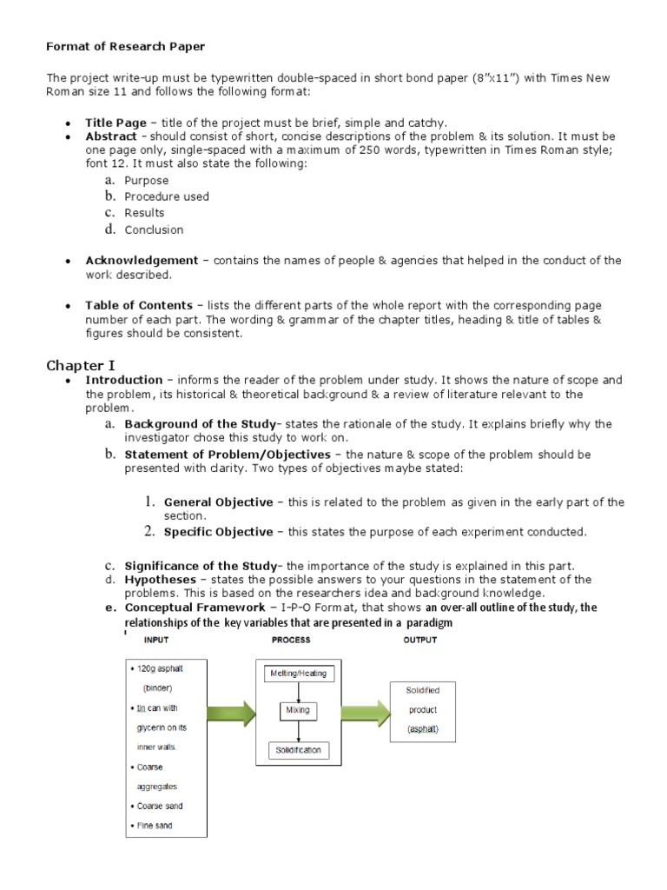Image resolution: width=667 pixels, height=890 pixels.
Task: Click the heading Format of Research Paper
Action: tap(125, 45)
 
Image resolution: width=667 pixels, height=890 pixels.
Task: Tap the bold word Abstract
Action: tap(110, 136)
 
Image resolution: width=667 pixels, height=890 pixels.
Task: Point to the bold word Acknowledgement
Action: tap(142, 260)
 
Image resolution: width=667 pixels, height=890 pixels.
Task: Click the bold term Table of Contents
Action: tap(139, 305)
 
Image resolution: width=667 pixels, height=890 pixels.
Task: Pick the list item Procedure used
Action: tap(167, 196)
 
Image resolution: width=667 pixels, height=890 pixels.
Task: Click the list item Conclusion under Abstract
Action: tap(154, 229)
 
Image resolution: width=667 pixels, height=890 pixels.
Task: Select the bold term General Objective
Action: tap(218, 501)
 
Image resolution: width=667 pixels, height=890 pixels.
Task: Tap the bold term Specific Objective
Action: tap(218, 531)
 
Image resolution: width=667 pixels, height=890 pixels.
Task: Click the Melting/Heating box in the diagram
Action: tap(298, 673)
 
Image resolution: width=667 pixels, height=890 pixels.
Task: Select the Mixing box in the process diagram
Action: tap(298, 710)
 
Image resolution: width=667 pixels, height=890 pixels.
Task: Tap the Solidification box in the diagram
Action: tap(298, 749)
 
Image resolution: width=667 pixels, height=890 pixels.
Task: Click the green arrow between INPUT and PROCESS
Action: tap(229, 713)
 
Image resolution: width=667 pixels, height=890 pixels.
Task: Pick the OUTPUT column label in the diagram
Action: tap(421, 640)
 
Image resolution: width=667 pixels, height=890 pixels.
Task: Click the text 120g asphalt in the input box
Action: tap(162, 669)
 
